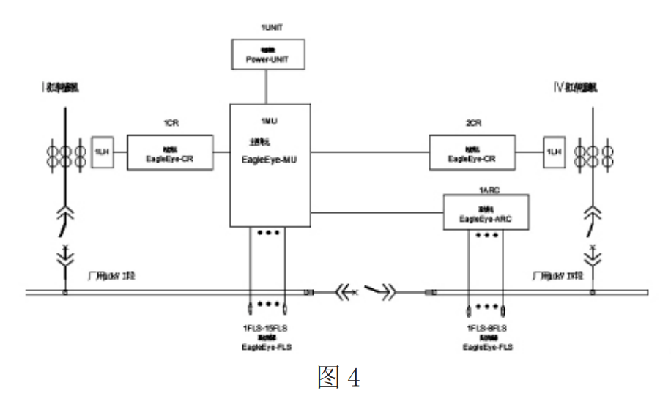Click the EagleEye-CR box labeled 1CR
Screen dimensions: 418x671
tap(170, 152)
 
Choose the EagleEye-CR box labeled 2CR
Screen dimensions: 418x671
tap(472, 153)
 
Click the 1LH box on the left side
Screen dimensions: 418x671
tap(102, 152)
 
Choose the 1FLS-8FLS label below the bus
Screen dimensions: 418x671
tap(486, 322)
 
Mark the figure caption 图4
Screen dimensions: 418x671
tap(335, 379)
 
